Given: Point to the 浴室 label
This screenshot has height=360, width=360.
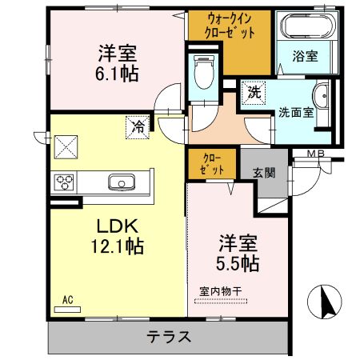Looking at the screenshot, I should (x=304, y=56).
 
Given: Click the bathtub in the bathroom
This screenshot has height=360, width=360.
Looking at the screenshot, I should (x=304, y=27).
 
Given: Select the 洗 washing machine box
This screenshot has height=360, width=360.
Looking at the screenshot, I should (x=253, y=92).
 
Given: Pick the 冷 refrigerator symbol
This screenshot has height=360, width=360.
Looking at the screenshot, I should (x=138, y=126).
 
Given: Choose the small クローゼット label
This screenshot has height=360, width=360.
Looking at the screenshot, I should (x=212, y=164).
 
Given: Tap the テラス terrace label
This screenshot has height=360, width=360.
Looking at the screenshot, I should (x=168, y=337).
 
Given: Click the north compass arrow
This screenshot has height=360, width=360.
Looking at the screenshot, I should (x=326, y=302).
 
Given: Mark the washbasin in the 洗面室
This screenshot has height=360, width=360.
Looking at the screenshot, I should (x=322, y=98).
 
